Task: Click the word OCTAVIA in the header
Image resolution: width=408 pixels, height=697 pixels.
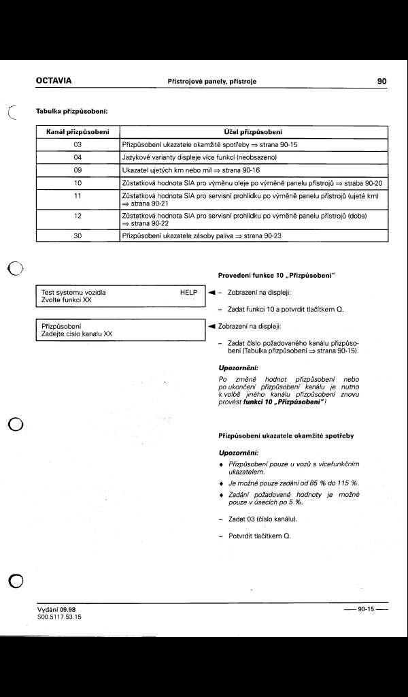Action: [x=54, y=81]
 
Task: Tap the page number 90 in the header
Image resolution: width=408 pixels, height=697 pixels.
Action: [x=381, y=81]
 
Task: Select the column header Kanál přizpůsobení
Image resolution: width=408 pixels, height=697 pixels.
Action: [x=78, y=131]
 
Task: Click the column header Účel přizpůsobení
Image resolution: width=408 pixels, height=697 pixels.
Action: [x=253, y=131]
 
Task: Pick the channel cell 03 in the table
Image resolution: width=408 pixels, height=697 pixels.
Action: [x=78, y=144]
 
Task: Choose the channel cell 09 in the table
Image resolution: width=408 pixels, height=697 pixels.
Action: [x=78, y=170]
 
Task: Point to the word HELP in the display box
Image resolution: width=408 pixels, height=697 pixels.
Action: [x=188, y=292]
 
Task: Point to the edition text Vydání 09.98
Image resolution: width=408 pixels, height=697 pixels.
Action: [x=56, y=609]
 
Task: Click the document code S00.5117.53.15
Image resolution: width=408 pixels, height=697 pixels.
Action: [x=59, y=617]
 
